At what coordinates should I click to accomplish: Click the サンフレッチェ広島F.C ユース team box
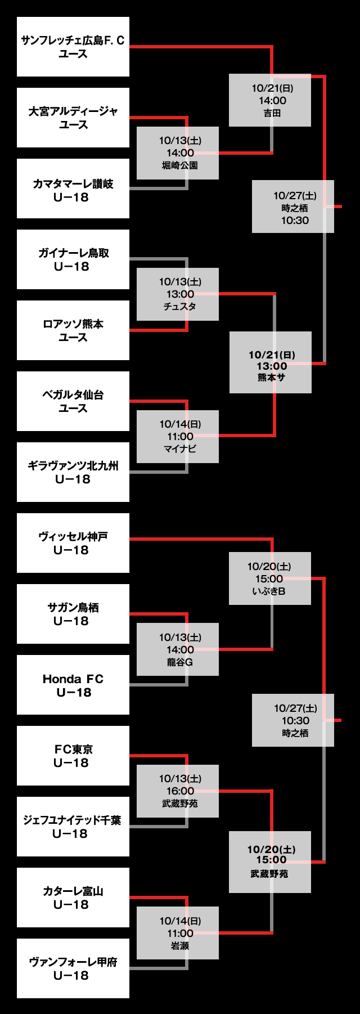coord(73,47)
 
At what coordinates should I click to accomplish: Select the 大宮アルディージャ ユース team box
coord(73,118)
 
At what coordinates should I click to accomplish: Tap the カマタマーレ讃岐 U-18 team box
coord(73,189)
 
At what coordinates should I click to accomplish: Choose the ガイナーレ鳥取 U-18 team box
coord(73,259)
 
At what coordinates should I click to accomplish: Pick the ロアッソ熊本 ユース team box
coord(73,330)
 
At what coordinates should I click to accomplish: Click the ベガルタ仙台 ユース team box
coord(73,401)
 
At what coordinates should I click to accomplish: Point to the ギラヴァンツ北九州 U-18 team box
coord(73,472)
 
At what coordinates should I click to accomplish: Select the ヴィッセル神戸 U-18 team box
coord(73,543)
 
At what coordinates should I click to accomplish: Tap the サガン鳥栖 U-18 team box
coord(73,614)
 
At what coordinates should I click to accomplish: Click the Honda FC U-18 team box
coord(73,685)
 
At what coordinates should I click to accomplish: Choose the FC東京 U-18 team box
coord(73,756)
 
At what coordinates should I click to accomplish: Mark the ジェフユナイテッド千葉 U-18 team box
coord(73,827)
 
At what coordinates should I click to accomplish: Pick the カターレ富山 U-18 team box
coord(73,898)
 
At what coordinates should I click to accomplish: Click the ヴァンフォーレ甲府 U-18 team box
coord(73,968)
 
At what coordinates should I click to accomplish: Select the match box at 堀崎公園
coord(178,153)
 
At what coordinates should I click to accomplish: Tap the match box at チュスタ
coord(178,294)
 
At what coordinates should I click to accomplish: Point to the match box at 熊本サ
coord(271,362)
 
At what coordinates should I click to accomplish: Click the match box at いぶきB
coord(270,578)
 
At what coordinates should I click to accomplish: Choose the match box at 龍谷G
coord(178,649)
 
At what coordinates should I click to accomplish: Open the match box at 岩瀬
coord(178,933)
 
